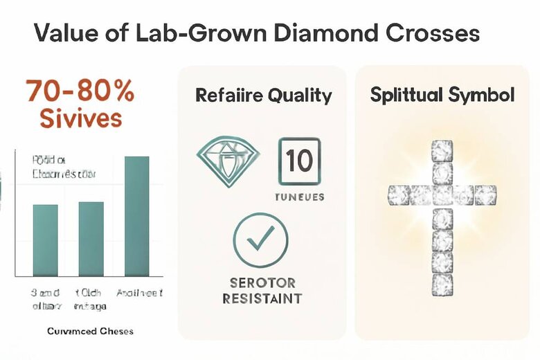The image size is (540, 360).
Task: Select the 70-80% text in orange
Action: [x=80, y=91]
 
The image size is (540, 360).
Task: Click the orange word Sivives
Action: [x=80, y=118]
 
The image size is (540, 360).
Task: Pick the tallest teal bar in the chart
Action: [x=136, y=215]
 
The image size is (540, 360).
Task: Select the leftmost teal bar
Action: [x=46, y=240]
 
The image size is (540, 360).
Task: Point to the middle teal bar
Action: [x=91, y=238]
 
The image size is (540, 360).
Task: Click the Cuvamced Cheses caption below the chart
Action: [x=91, y=331]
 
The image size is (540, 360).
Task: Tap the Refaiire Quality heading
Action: [x=263, y=95]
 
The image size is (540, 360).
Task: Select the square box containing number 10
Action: [x=300, y=161]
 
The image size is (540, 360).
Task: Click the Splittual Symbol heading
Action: [x=442, y=95]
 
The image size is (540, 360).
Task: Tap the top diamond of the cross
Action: [x=442, y=150]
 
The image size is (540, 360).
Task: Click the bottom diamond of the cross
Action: [x=442, y=283]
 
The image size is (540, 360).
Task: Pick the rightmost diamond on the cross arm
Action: [x=486, y=195]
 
